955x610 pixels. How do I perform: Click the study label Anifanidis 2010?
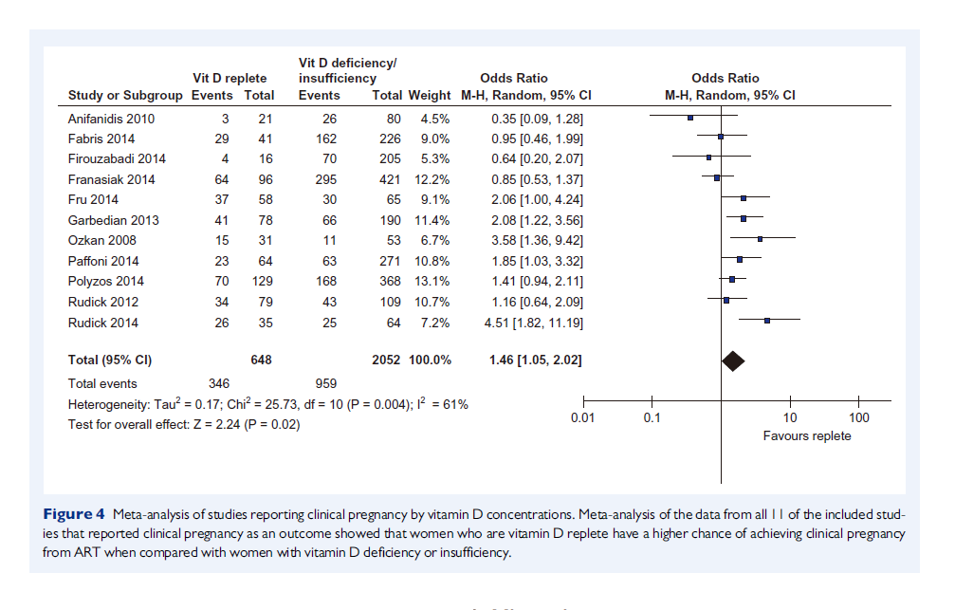[x=111, y=119]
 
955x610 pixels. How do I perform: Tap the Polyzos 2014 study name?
[x=105, y=282]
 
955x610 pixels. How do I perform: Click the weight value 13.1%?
[x=432, y=282]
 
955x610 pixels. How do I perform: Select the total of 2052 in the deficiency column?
[x=387, y=360]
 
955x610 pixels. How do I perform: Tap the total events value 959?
[x=326, y=384]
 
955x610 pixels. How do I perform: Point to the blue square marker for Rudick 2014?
[x=767, y=321]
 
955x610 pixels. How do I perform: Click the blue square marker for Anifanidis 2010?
[x=690, y=118]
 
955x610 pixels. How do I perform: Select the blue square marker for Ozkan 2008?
[x=760, y=239]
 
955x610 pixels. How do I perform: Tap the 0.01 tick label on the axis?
[x=582, y=418]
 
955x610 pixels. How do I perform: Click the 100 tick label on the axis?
[x=858, y=418]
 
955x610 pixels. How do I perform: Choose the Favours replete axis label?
[x=807, y=436]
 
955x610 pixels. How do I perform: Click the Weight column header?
[x=430, y=96]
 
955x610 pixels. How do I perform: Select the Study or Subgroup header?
[x=123, y=96]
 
